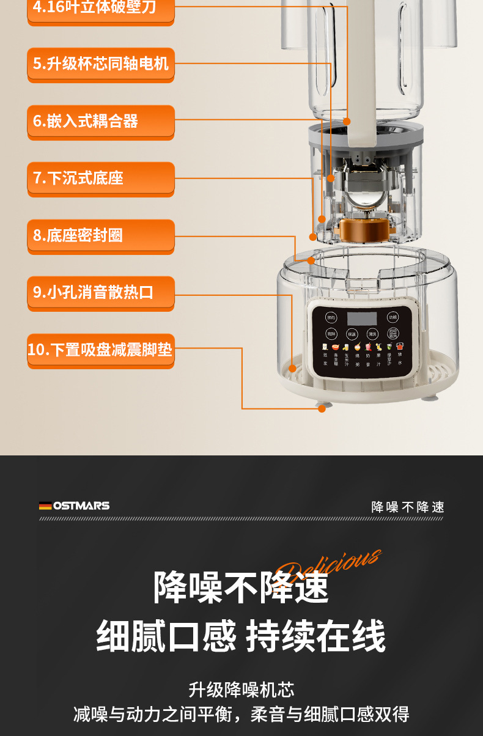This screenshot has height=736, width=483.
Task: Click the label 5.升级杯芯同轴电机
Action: pos(101,64)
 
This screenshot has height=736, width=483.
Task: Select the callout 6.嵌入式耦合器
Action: pos(101,120)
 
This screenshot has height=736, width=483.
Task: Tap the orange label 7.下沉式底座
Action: pos(101,178)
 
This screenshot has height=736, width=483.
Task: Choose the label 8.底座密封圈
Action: pos(101,235)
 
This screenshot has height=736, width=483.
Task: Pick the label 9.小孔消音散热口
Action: pos(101,292)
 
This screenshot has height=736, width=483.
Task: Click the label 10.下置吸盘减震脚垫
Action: pos(101,350)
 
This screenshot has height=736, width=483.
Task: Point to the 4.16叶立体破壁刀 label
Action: pos(101,9)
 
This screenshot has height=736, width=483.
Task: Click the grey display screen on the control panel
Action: pos(362,318)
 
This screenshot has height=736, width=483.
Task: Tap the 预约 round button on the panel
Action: pos(331,317)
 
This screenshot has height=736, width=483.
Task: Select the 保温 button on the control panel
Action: pos(352,334)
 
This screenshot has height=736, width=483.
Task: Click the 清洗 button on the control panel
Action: pos(372,334)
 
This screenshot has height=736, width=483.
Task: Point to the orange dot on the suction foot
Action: pos(322,408)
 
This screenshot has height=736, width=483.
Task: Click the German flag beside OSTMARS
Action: pos(45,506)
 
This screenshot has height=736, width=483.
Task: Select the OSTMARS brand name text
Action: pos(81,506)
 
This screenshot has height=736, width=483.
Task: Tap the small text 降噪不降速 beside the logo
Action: pos(408,507)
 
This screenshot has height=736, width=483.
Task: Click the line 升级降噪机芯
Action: pos(242,690)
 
